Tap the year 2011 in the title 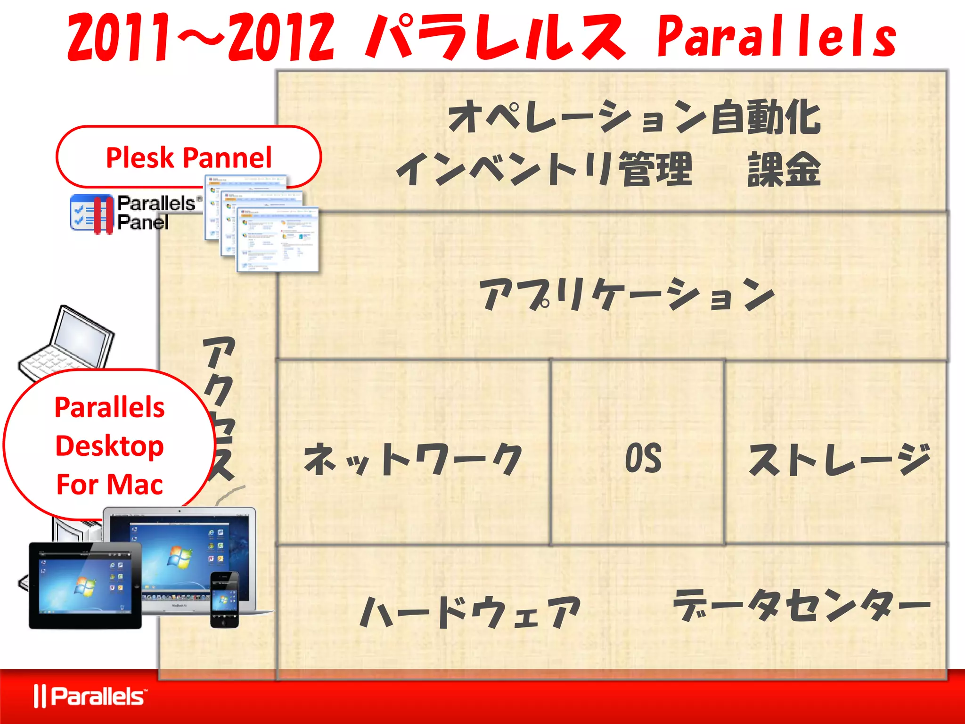point(118,38)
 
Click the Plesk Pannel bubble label point(188,157)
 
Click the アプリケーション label point(627,295)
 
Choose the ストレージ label point(839,460)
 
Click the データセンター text point(801,606)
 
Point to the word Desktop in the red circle point(109,446)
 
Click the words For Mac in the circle point(109,485)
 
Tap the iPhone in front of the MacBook point(224,600)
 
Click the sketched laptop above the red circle point(68,344)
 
